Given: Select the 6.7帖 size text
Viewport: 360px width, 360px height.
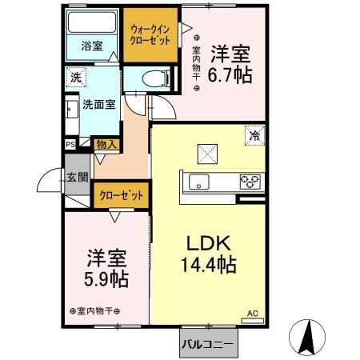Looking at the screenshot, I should [x=230, y=76].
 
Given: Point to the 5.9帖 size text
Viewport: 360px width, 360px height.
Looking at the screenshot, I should [x=107, y=280].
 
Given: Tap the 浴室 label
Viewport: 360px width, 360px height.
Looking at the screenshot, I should [x=91, y=46].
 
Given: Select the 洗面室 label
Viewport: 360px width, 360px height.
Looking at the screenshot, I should [x=97, y=104].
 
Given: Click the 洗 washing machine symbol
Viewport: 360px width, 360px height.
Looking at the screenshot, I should [x=74, y=78].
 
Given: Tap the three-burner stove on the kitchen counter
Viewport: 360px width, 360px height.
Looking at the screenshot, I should [x=249, y=182].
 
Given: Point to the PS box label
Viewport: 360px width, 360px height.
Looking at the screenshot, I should [x=70, y=145].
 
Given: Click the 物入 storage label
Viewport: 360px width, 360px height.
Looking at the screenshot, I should [x=107, y=145].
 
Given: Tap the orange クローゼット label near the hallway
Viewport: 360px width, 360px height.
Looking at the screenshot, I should [x=122, y=194].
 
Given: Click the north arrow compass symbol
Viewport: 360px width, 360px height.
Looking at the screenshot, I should [x=306, y=336].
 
